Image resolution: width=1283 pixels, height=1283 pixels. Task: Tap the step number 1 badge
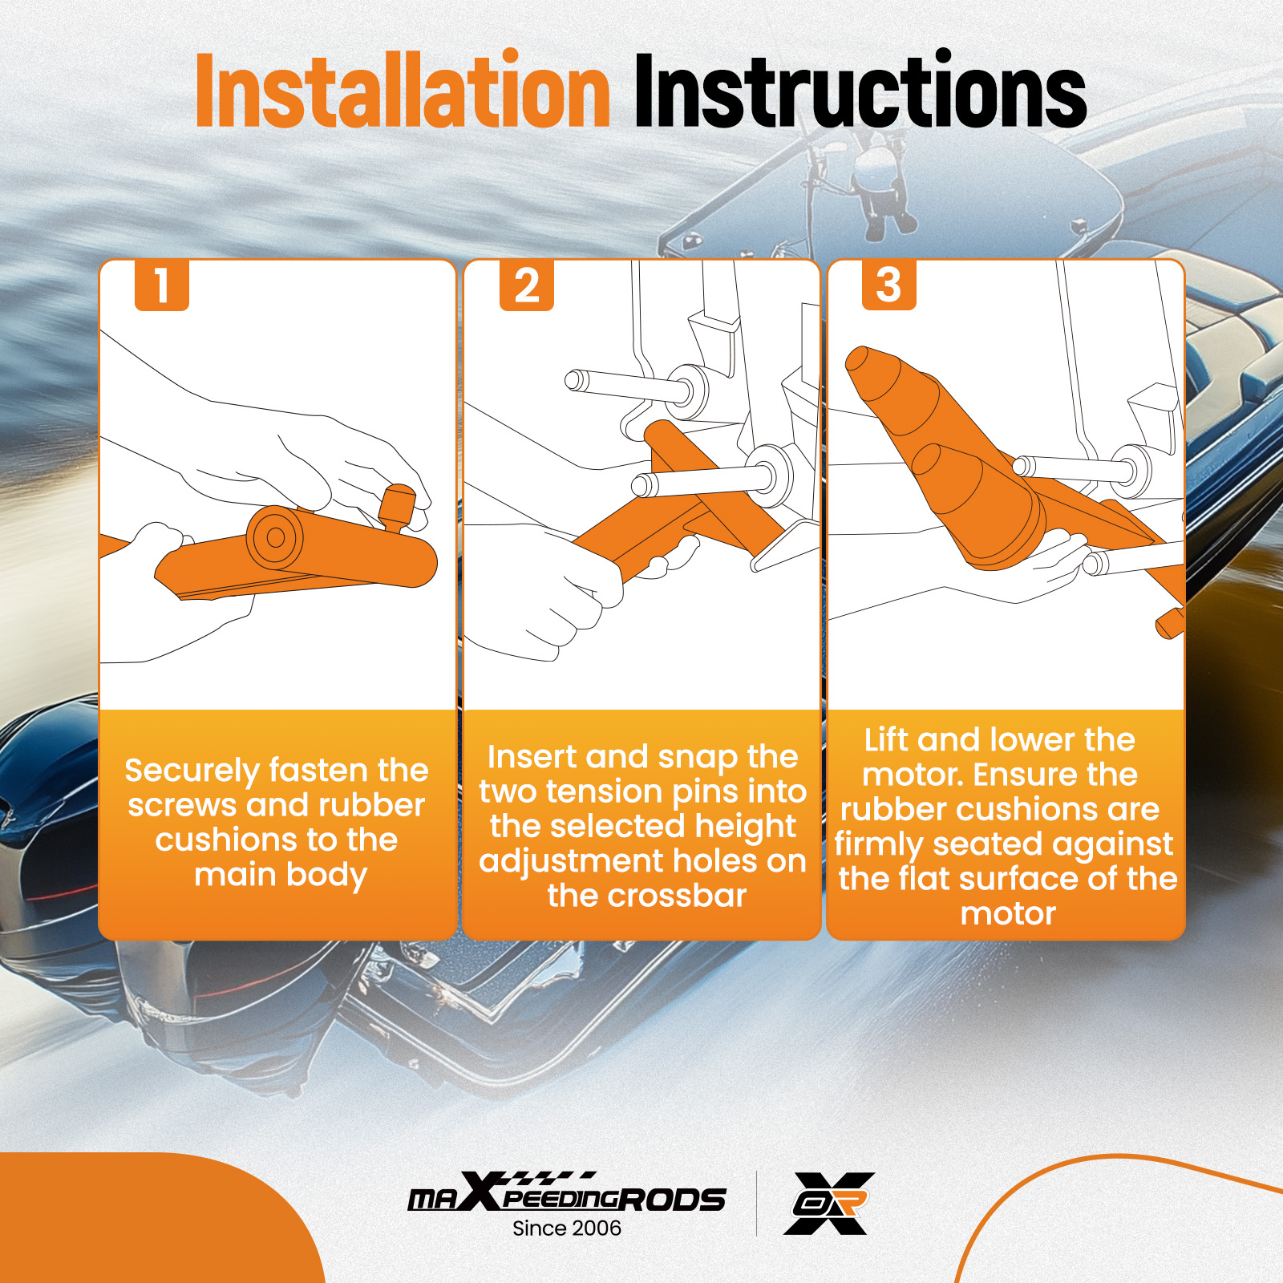click(162, 285)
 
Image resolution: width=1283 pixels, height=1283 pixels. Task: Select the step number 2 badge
click(527, 285)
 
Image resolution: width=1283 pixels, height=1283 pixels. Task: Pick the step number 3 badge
click(888, 285)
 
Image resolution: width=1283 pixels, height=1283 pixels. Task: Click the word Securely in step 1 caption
click(190, 771)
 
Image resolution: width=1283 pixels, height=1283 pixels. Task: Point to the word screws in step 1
click(182, 806)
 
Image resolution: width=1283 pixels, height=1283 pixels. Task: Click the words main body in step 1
click(281, 876)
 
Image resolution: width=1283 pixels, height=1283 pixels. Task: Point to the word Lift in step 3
click(886, 739)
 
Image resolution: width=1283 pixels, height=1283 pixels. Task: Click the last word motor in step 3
click(1008, 914)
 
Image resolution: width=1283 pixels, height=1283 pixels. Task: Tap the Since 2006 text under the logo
click(567, 1228)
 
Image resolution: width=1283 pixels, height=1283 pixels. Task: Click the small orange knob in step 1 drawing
click(398, 508)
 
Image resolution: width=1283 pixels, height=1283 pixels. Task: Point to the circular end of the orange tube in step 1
click(275, 537)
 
